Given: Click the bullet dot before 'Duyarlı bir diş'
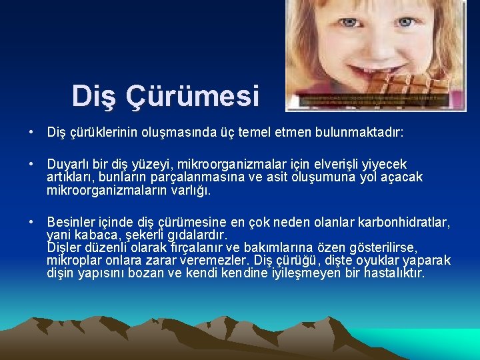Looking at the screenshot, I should point(32,164).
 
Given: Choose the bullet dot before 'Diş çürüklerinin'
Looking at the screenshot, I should point(32,133).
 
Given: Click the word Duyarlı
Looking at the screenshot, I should point(69,164).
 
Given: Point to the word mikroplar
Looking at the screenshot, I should point(74,261).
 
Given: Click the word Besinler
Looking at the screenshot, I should point(73,222).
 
